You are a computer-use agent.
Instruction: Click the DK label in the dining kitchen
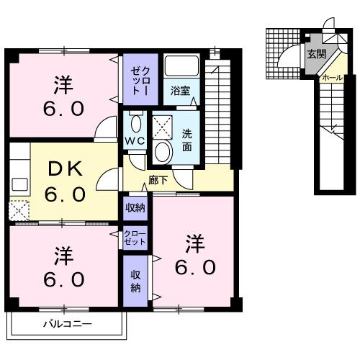coord(66,171)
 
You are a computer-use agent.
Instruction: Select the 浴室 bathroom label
coord(180,91)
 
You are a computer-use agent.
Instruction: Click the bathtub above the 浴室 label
coord(180,67)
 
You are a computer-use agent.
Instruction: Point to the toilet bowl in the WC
coord(135,120)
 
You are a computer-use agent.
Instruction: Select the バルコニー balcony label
coord(66,325)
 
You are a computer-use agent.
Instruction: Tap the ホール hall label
coord(332,77)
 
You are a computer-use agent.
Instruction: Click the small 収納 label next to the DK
coord(135,208)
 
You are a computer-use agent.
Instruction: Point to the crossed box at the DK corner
coord(17,211)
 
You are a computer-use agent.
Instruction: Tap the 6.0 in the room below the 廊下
coord(194,266)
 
